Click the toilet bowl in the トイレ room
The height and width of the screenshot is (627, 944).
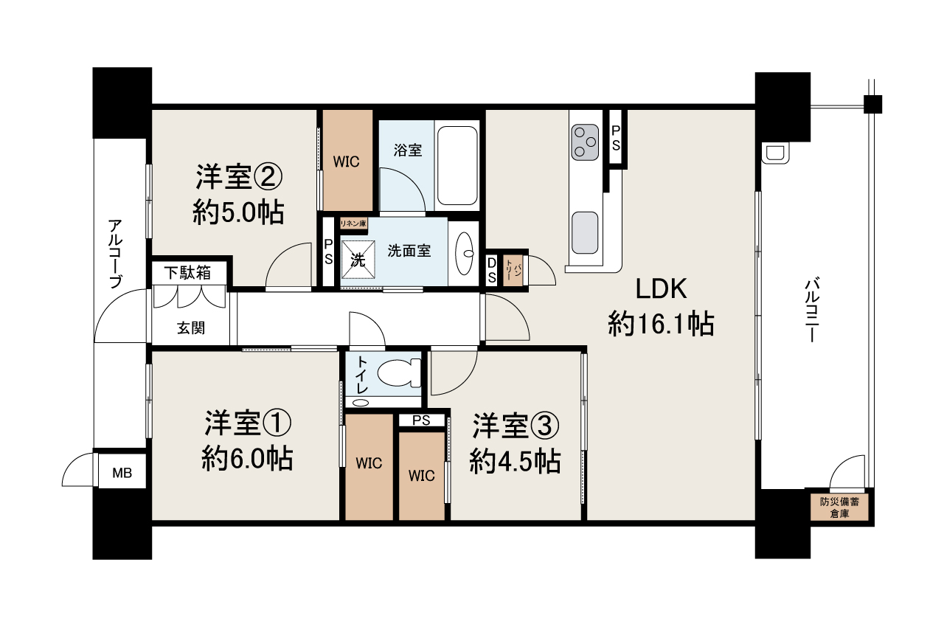pos(398,373)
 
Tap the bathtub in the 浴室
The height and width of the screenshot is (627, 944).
pos(457,165)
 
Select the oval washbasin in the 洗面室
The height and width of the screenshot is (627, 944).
pos(465,253)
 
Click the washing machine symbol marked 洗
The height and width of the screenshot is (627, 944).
pos(358,260)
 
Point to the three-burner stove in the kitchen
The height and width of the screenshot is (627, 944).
pos(585,142)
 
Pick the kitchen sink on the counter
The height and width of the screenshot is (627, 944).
pos(585,232)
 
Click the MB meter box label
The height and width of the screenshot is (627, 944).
pos(122,473)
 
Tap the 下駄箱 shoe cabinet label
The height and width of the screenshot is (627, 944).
pos(187,273)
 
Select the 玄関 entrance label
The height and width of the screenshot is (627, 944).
pos(191,328)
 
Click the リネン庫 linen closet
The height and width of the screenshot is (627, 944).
pos(353,224)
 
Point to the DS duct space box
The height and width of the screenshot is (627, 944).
pos(491,270)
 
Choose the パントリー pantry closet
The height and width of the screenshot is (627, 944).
pos(513,270)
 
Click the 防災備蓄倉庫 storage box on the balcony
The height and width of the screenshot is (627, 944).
pos(839,508)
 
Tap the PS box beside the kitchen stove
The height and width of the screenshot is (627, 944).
pos(616,137)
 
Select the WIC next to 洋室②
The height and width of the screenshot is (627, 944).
pos(347,160)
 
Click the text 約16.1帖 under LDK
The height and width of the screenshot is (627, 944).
pos(661,324)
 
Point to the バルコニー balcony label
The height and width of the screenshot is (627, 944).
pos(812,310)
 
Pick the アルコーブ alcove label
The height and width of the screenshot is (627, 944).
pos(115,254)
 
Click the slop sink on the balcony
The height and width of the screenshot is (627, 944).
pos(775,153)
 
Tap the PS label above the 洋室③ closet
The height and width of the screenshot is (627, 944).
pos(421,420)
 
